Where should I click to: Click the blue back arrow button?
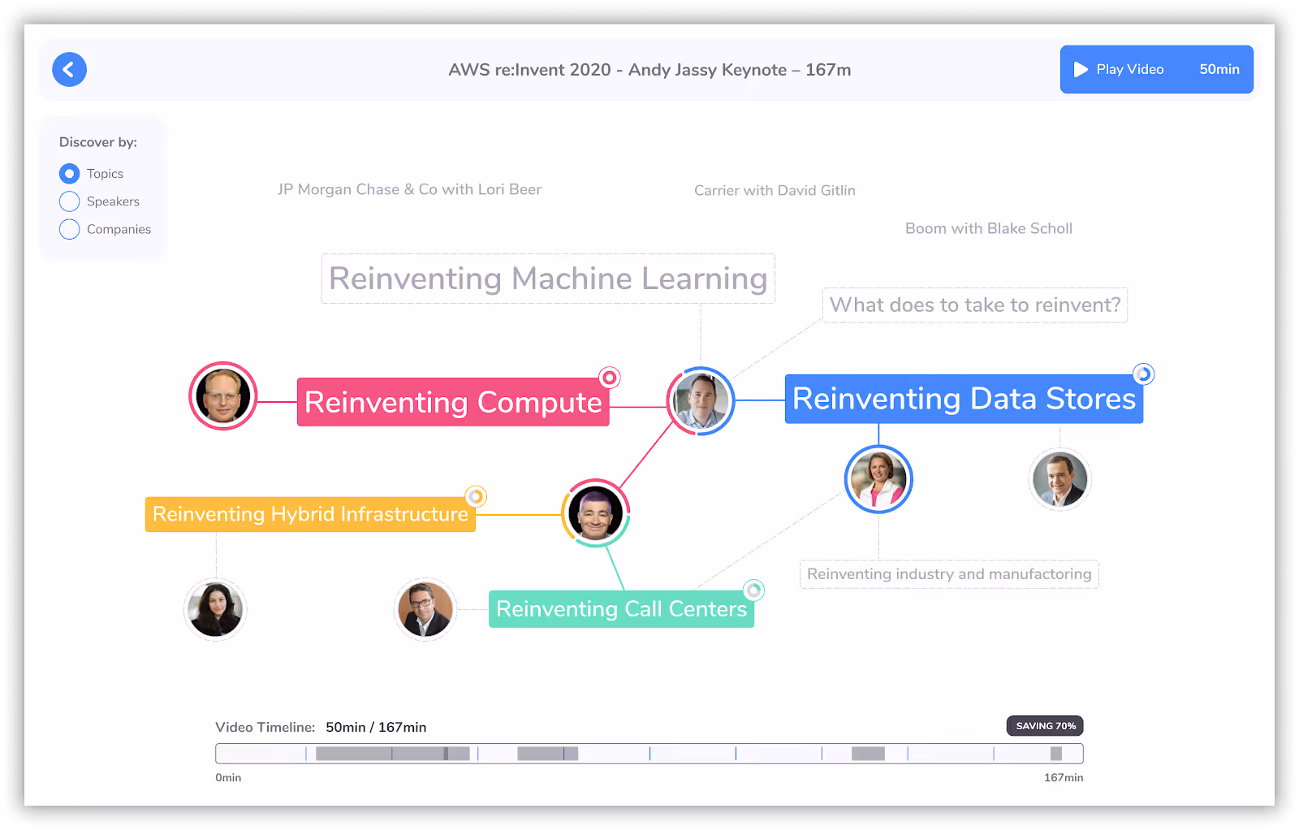coord(69,70)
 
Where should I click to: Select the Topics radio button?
coord(70,174)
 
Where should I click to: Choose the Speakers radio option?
coord(70,201)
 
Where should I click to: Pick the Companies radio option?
coord(70,229)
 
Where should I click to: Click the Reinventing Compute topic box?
coord(453,402)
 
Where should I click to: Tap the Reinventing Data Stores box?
coord(964,399)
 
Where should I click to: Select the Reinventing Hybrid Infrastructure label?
coord(310,514)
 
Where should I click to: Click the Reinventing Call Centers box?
coord(621,609)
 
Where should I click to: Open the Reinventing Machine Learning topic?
coord(548,279)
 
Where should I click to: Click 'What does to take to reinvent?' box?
coord(974,305)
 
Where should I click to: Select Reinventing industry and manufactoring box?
coord(949,574)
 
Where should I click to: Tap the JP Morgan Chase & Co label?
coord(409,189)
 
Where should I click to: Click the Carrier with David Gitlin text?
coord(775,190)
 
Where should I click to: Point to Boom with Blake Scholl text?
coord(988,228)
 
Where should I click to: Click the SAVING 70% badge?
coord(1045,726)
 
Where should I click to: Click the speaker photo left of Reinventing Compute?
coord(222,396)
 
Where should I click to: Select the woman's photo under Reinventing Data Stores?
coord(878,479)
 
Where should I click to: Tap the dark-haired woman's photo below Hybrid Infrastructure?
coord(215,609)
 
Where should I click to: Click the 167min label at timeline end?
coord(1063,778)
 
